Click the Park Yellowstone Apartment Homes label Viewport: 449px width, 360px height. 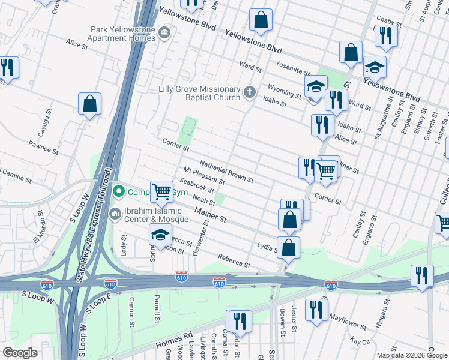[x=123, y=34]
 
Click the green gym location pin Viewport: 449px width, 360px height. [x=119, y=192]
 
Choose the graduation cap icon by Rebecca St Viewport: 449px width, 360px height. [x=161, y=235]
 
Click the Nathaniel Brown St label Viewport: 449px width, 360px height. [x=226, y=171]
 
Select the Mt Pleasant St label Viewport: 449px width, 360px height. [x=204, y=175]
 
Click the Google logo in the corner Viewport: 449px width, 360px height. [x=20, y=353]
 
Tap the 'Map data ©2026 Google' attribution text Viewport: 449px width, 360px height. [x=412, y=355]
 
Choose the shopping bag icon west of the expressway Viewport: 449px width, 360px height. [x=89, y=105]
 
